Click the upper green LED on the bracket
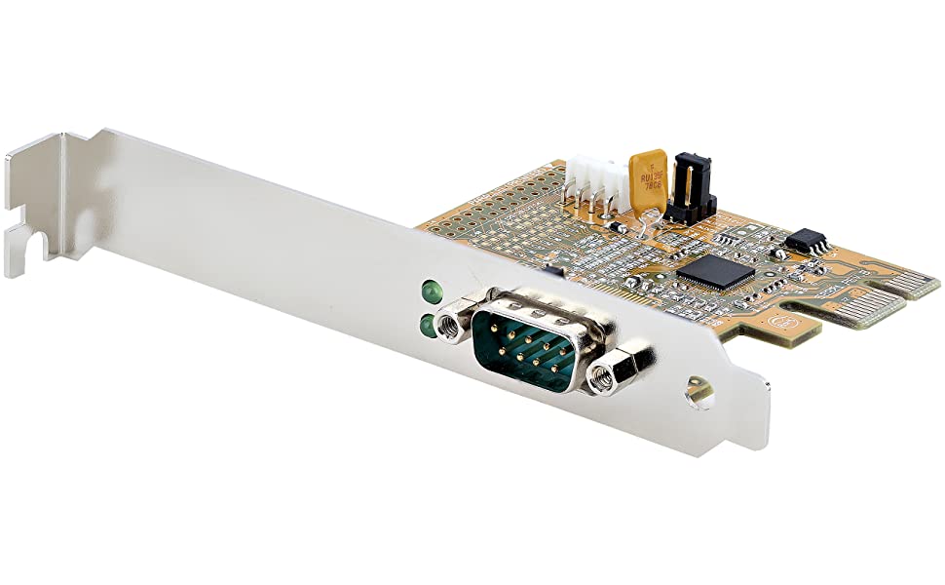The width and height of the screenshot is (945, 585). [x=427, y=291]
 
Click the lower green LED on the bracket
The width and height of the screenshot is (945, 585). [x=427, y=325]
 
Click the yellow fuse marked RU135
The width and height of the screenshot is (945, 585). [x=648, y=177]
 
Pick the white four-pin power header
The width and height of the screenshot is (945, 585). [x=596, y=184]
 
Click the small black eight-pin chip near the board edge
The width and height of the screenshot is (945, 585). [x=807, y=238]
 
